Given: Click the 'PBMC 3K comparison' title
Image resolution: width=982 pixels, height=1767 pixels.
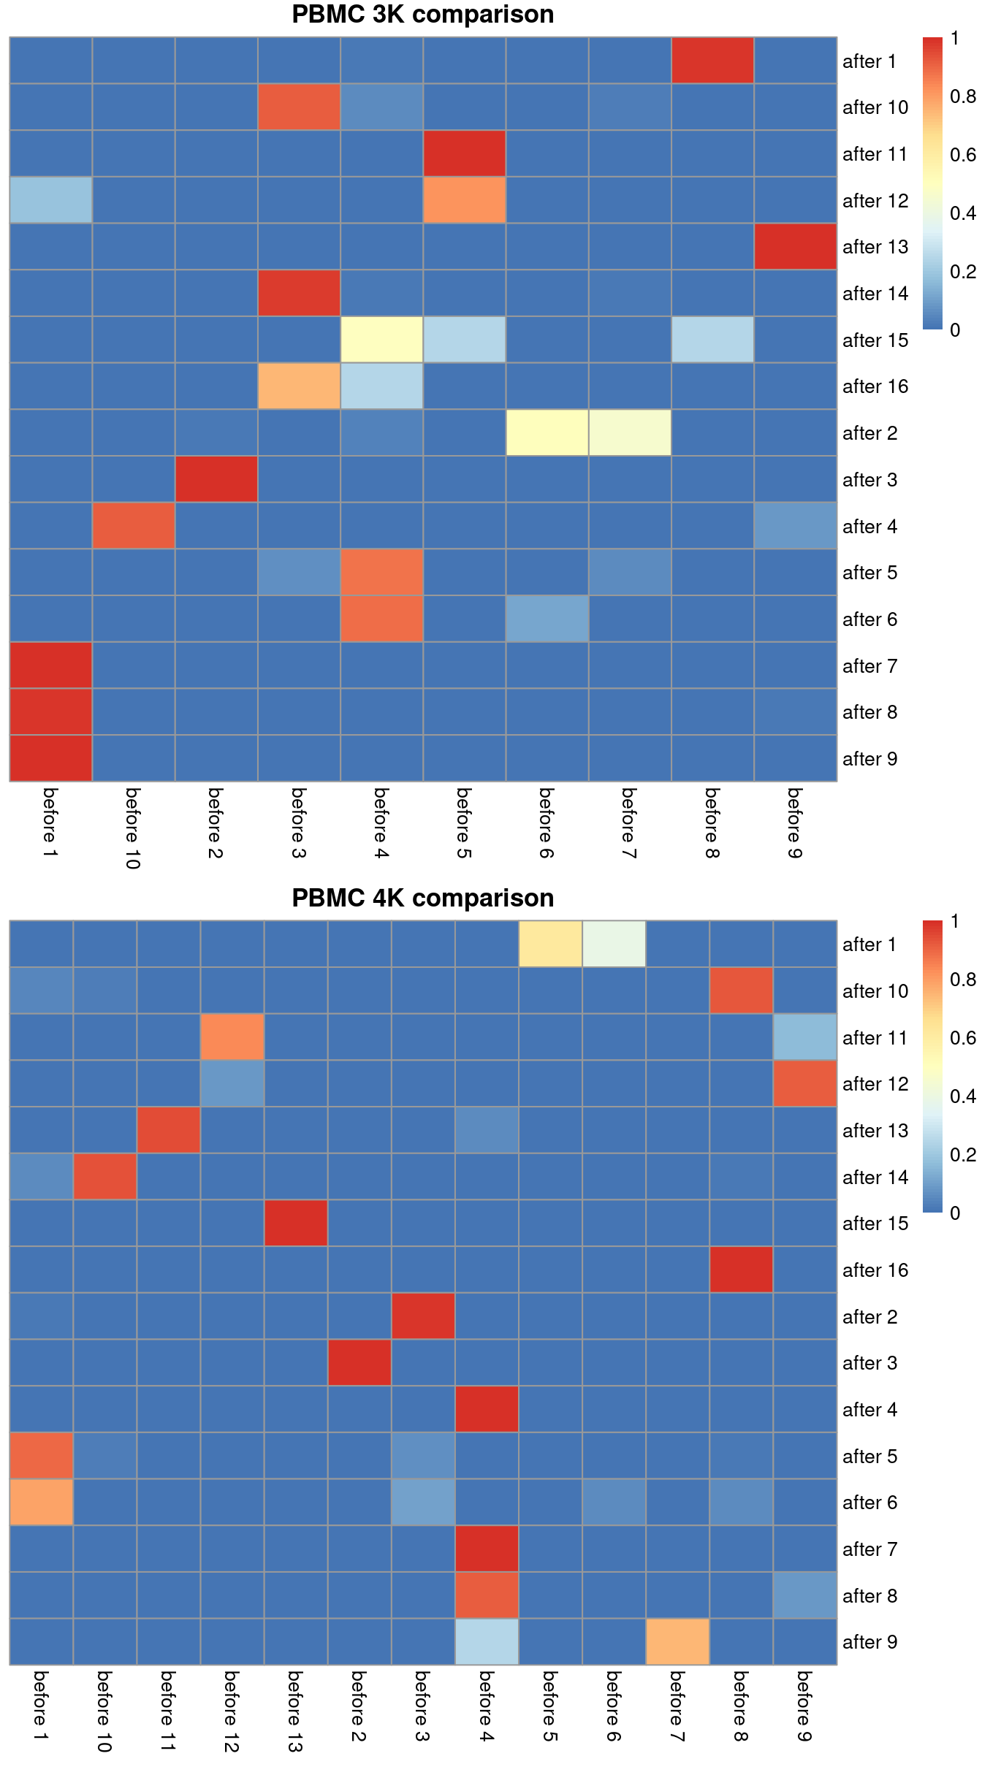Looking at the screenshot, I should click(422, 15).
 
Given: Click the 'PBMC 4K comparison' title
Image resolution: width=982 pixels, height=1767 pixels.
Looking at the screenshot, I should click(422, 898).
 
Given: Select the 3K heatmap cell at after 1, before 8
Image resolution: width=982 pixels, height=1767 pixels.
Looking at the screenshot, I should click(712, 61).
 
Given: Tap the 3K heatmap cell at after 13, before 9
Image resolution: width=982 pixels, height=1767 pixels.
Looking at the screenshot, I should click(795, 247).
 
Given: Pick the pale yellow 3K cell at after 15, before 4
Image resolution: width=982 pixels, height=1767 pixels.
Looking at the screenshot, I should click(381, 340).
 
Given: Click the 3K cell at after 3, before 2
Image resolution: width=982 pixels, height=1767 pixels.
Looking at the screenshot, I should click(216, 479).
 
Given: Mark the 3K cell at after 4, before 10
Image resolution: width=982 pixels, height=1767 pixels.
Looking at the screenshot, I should click(134, 526).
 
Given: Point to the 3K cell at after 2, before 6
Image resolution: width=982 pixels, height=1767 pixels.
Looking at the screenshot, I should click(547, 433).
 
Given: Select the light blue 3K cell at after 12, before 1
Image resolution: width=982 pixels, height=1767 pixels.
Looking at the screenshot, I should click(50, 200).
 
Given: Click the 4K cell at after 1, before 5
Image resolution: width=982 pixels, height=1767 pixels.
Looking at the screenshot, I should click(550, 944).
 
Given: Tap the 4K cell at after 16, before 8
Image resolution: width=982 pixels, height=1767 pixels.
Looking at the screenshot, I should click(741, 1270).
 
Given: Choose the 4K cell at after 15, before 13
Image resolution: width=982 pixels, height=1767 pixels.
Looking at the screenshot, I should click(295, 1223).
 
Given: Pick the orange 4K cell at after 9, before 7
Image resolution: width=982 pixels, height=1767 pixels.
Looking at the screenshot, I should click(677, 1642).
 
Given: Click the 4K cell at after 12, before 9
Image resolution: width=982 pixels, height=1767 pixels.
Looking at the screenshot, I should click(804, 1083).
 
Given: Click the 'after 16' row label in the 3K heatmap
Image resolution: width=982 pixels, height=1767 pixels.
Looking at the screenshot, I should click(875, 386).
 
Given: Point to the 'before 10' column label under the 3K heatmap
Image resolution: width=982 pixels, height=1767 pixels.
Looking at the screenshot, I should click(132, 828).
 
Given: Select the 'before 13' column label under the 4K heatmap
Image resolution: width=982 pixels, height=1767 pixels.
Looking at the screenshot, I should click(294, 1711).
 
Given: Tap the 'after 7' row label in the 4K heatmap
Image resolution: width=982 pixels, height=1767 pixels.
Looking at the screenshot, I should click(869, 1549).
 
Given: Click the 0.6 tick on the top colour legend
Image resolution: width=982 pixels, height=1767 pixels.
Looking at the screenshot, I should click(962, 155).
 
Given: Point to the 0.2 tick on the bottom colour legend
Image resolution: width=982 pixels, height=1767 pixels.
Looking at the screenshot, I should click(962, 1154).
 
